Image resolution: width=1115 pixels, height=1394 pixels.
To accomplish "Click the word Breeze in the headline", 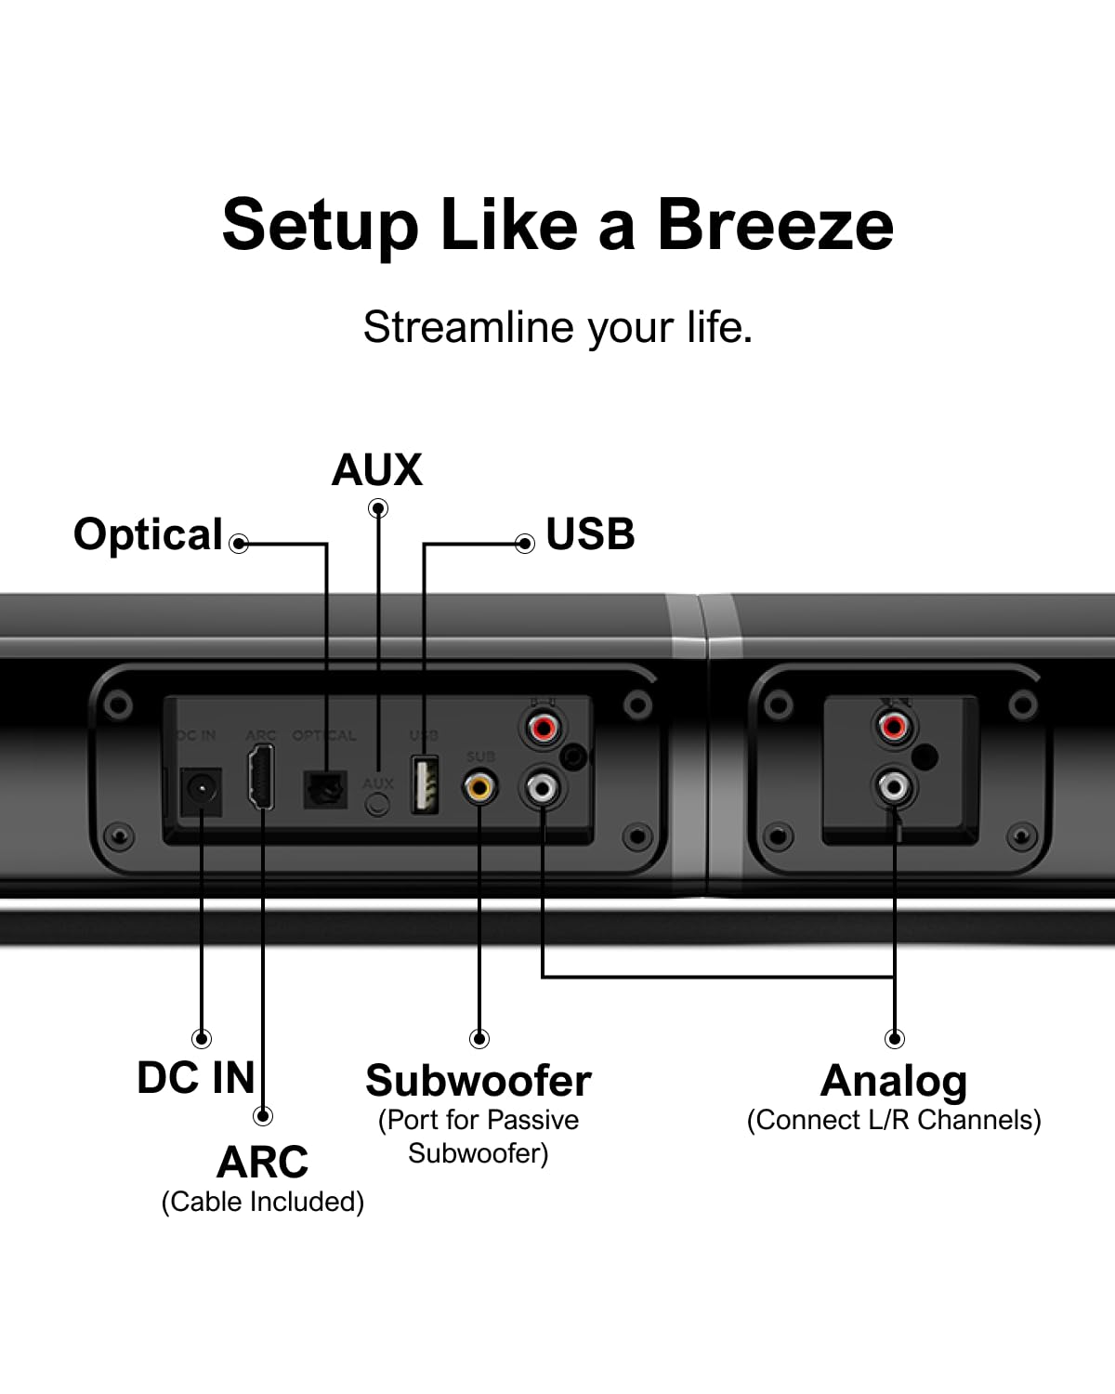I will [775, 225].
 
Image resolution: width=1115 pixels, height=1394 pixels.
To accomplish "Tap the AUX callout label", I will [376, 470].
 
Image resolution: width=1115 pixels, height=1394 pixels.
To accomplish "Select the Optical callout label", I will [148, 535].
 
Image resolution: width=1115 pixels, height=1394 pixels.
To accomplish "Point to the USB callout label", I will [590, 534].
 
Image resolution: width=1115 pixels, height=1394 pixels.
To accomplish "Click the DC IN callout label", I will [195, 1078].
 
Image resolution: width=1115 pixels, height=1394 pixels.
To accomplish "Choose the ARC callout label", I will [262, 1162].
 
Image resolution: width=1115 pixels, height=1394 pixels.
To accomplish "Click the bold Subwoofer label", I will [478, 1081].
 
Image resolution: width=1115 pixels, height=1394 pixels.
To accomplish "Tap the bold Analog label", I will [894, 1081].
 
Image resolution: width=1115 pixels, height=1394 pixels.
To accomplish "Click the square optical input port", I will [325, 790].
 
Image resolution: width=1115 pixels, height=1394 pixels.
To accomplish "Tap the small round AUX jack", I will [377, 804].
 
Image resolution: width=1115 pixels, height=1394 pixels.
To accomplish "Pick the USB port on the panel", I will [425, 785].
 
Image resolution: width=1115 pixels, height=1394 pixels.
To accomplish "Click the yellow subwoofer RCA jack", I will [479, 789].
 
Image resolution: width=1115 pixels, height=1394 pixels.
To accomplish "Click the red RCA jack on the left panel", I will [543, 726].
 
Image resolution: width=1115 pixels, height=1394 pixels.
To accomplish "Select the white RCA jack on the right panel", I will [893, 788].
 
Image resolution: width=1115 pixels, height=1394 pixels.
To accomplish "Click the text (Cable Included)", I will [262, 1202].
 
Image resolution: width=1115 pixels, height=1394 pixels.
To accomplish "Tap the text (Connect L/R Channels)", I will [894, 1120].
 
